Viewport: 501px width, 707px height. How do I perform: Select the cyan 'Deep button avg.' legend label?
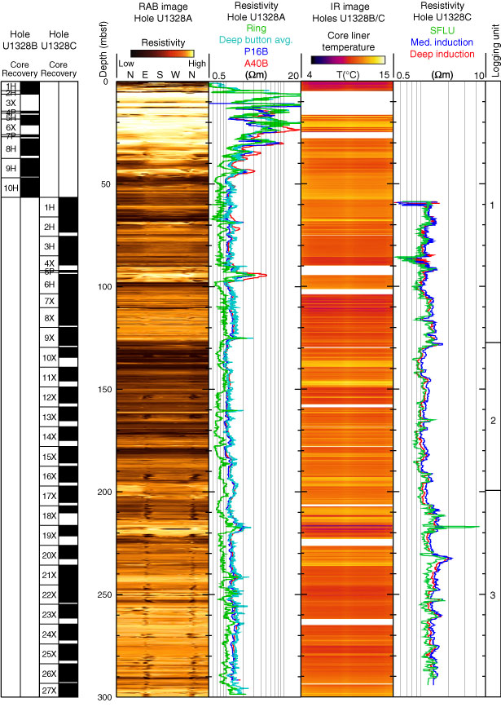click(255, 38)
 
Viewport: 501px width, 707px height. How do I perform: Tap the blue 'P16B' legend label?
click(255, 50)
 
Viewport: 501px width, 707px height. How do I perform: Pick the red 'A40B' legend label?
click(255, 61)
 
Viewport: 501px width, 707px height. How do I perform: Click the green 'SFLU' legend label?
click(441, 30)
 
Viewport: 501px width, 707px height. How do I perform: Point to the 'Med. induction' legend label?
click(441, 42)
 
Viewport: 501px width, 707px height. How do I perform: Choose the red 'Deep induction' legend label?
click(441, 54)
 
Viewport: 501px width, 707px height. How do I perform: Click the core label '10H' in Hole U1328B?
click(11, 188)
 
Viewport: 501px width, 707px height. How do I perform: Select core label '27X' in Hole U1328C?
click(50, 691)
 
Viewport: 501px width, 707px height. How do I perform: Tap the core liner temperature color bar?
click(347, 59)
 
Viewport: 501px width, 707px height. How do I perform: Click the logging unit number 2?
click(492, 421)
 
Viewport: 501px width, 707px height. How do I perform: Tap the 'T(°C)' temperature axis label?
click(345, 75)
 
